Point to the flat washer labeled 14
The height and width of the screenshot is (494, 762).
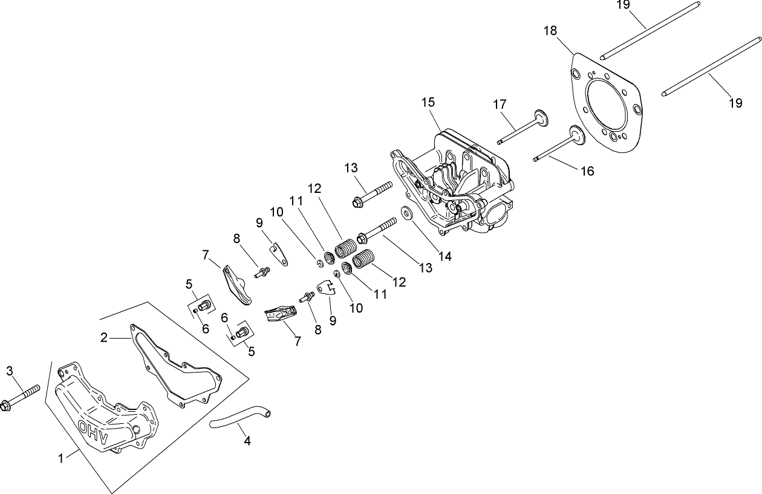pyautogui.click(x=406, y=213)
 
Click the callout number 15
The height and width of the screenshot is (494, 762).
pyautogui.click(x=428, y=102)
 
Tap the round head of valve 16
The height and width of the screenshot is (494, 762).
pyautogui.click(x=578, y=135)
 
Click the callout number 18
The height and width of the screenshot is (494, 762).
pyautogui.click(x=550, y=30)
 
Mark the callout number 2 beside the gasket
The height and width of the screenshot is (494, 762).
pyautogui.click(x=104, y=337)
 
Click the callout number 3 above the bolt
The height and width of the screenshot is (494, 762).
pyautogui.click(x=10, y=371)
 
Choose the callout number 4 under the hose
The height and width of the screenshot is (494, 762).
pyautogui.click(x=247, y=441)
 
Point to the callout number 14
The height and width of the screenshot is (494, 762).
pyautogui.click(x=444, y=256)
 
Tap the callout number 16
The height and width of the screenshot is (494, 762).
pyautogui.click(x=587, y=171)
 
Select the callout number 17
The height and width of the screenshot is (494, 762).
pyautogui.click(x=499, y=105)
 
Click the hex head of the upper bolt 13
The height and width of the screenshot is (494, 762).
pyautogui.click(x=357, y=201)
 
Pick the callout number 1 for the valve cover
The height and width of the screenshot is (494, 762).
pyautogui.click(x=60, y=459)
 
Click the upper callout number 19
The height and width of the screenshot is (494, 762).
pyautogui.click(x=624, y=5)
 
